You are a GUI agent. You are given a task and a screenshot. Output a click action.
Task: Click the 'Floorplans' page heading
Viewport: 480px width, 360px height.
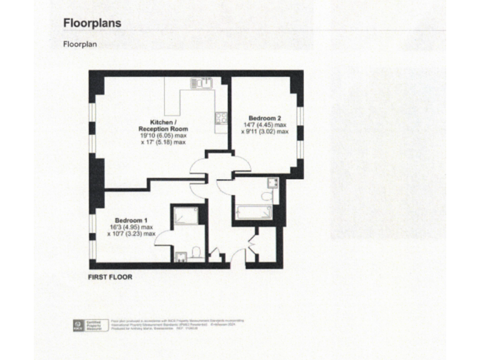[92, 23]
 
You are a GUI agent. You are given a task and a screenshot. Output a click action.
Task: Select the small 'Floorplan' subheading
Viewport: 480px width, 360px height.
[79, 44]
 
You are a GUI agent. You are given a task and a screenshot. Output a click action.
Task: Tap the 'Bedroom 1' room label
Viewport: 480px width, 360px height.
[131, 220]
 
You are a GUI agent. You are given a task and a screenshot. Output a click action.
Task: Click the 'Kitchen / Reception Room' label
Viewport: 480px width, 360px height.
[162, 125]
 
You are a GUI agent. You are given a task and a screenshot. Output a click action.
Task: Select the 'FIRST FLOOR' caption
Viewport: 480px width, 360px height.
[110, 276]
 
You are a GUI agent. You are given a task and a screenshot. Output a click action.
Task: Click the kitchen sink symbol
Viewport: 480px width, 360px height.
[204, 82]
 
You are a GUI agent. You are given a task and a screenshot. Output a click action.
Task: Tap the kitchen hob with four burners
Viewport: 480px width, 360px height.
[221, 117]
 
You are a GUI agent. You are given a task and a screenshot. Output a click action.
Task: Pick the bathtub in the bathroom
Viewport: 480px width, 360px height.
[254, 212]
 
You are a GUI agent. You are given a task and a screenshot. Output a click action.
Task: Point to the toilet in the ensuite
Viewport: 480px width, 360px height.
[196, 252]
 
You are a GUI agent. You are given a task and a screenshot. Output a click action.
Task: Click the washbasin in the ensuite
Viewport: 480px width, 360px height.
[181, 256]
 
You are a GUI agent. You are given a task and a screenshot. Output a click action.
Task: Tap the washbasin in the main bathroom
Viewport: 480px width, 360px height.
[272, 182]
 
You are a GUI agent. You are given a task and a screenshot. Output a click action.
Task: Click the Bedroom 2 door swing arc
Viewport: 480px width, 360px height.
[241, 162]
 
